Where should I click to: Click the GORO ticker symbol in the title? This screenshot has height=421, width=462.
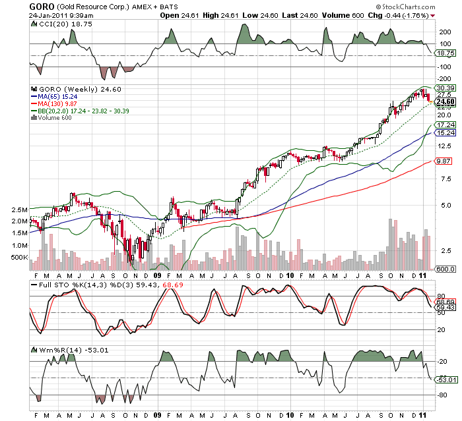point(42,6)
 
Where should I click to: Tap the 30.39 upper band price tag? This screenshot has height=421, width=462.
point(446,88)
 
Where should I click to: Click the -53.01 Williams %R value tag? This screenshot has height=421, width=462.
point(446,379)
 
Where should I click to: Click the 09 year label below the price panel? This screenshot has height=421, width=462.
point(158,275)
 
